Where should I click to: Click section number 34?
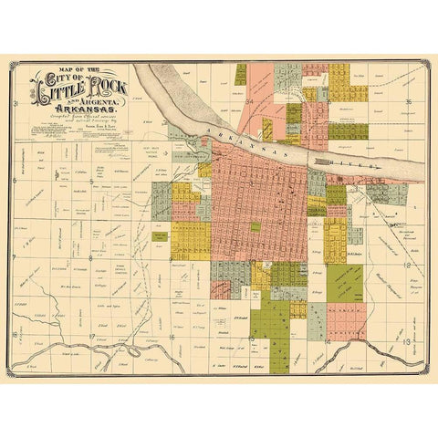click(248, 102)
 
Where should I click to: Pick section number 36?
click(410, 101)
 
